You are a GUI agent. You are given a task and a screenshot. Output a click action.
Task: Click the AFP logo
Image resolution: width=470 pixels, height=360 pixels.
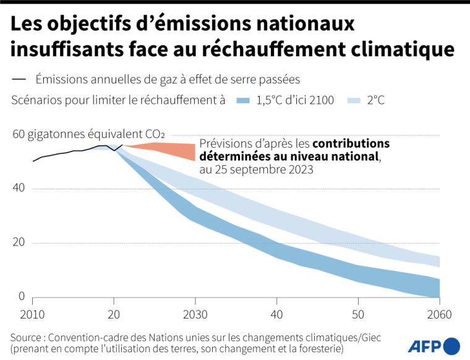[434, 345]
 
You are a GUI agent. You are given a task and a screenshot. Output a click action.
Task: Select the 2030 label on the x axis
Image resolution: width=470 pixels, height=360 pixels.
[195, 314]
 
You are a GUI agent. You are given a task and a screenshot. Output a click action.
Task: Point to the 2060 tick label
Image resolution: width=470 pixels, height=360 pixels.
[439, 314]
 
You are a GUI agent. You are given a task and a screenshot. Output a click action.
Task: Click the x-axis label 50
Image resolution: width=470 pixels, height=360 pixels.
[357, 314]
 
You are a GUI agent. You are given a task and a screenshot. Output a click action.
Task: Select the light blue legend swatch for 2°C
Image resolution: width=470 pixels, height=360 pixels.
[354, 100]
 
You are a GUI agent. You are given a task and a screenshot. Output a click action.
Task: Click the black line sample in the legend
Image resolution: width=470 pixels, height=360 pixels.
[19, 79]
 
